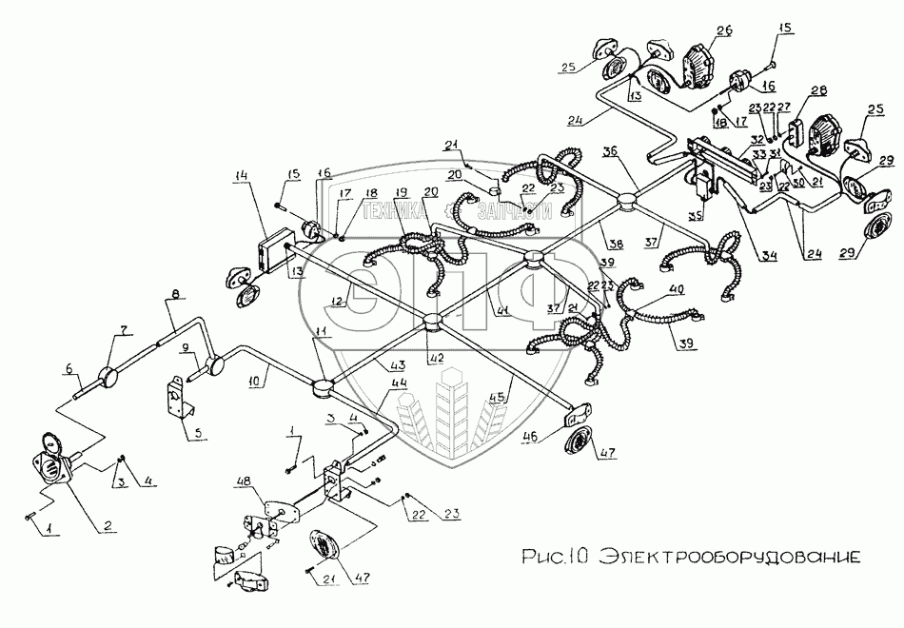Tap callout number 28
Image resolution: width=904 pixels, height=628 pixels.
[x=817, y=90]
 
